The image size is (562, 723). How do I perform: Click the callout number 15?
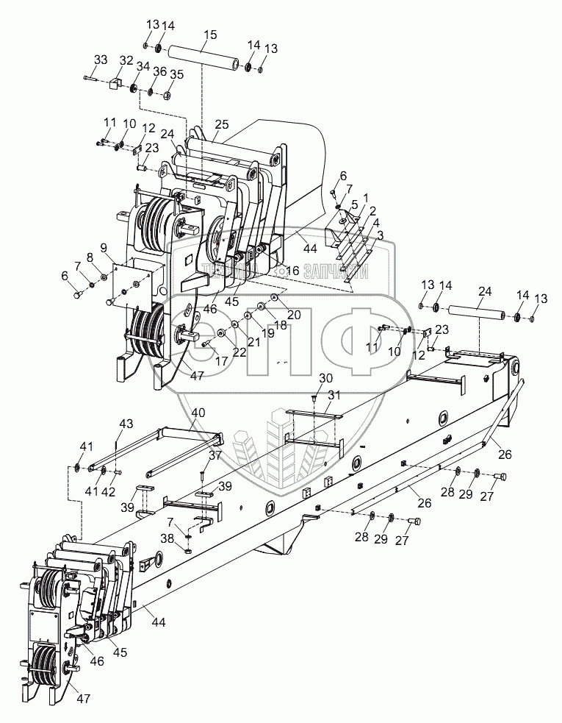click(210, 35)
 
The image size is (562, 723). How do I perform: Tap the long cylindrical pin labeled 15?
click(201, 59)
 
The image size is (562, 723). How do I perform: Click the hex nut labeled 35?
click(167, 95)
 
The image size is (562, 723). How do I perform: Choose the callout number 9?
click(104, 246)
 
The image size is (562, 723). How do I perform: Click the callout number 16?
click(293, 271)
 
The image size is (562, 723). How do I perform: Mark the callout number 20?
click(294, 314)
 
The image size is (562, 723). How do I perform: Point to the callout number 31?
click(334, 395)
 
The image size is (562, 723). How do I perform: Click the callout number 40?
click(198, 413)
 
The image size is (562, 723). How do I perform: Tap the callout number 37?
click(215, 456)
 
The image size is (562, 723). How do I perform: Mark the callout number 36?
click(159, 71)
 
